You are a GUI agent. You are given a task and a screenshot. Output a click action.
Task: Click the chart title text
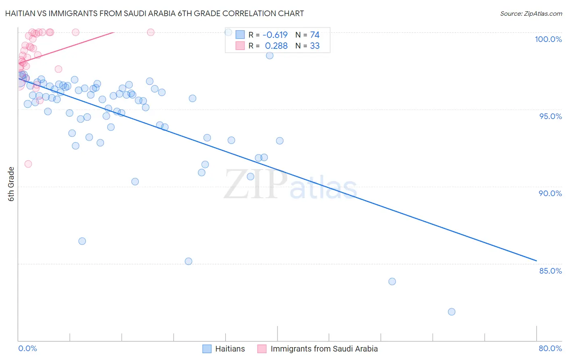(x=154, y=13)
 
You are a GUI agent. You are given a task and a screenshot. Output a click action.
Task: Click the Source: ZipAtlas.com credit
(x=531, y=13)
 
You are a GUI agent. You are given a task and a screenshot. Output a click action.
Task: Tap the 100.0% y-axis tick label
(x=548, y=39)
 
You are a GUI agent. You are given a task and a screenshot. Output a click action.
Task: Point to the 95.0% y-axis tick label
(x=550, y=116)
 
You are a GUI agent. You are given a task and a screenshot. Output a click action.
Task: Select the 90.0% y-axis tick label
(x=550, y=193)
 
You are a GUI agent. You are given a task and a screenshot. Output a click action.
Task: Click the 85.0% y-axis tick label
(x=550, y=271)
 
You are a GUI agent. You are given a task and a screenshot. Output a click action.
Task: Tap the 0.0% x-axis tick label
(x=27, y=348)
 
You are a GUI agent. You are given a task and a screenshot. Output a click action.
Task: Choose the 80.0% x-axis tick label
(x=550, y=348)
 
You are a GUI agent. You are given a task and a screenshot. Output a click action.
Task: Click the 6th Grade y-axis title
(x=11, y=184)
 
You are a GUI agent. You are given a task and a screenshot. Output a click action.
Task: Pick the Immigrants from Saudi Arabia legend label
(x=324, y=349)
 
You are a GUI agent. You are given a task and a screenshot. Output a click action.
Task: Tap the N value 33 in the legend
(x=315, y=46)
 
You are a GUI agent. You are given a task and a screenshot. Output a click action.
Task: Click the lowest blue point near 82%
(x=452, y=312)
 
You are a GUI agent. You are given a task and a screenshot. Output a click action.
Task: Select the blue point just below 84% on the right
(x=392, y=281)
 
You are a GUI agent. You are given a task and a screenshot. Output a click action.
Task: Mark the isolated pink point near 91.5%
(x=28, y=164)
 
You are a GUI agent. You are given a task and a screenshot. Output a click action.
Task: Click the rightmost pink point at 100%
(x=150, y=32)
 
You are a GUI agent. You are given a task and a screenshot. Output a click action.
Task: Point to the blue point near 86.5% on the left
(x=82, y=241)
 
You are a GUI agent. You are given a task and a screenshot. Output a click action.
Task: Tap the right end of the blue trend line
(x=536, y=261)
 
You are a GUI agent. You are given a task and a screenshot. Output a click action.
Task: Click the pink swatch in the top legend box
(x=240, y=46)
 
